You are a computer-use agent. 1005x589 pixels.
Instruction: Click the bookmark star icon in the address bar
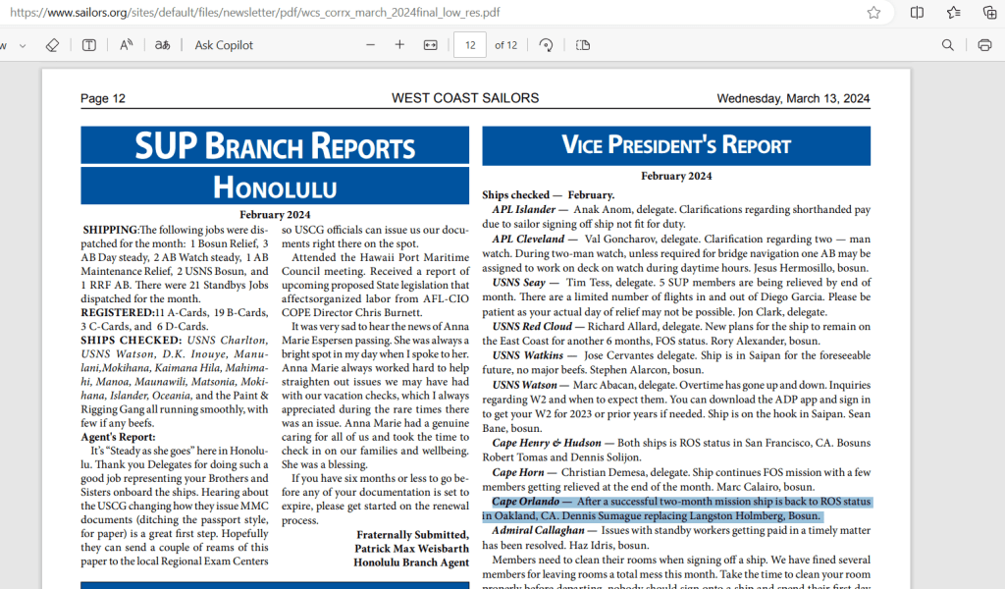873,13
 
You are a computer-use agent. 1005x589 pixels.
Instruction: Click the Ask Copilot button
224,45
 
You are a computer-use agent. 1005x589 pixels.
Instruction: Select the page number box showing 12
470,45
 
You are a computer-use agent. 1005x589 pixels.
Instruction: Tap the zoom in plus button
399,45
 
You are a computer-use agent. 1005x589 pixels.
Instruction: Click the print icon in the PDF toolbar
984,45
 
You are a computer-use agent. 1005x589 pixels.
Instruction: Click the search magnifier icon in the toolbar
948,45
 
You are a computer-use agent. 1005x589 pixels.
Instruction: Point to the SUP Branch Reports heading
275,146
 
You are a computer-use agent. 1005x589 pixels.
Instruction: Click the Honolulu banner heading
275,187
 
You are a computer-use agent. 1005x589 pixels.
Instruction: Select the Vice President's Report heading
676,146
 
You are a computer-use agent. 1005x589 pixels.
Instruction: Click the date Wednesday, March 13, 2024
793,98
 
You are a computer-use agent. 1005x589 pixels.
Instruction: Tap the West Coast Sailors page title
465,98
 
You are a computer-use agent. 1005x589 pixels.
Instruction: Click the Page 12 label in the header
103,98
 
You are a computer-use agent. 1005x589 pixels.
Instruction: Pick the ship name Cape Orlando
525,502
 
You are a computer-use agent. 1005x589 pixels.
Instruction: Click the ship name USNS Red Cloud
532,326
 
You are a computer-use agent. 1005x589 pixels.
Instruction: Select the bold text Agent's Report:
118,437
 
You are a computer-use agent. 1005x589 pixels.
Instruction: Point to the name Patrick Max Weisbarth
413,549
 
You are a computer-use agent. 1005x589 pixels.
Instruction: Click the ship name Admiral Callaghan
538,530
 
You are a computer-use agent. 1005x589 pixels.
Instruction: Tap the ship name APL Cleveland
528,239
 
